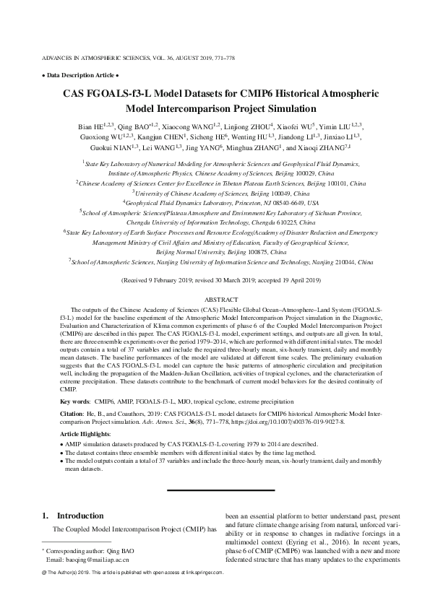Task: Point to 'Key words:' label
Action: click(74, 399)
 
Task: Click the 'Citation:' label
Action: click(72, 414)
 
